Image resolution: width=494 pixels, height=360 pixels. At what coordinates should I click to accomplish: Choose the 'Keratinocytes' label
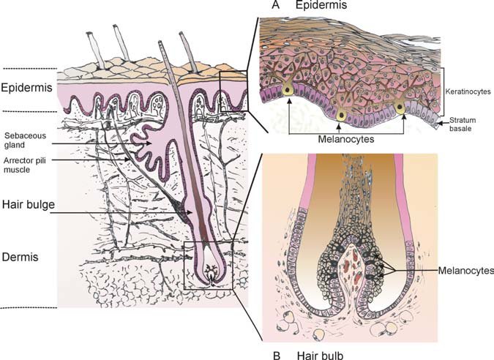467,94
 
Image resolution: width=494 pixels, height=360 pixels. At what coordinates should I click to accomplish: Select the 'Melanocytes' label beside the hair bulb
464,269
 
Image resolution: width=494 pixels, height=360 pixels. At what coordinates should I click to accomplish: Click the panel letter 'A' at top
275,6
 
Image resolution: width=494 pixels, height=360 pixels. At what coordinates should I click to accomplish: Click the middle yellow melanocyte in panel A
340,116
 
